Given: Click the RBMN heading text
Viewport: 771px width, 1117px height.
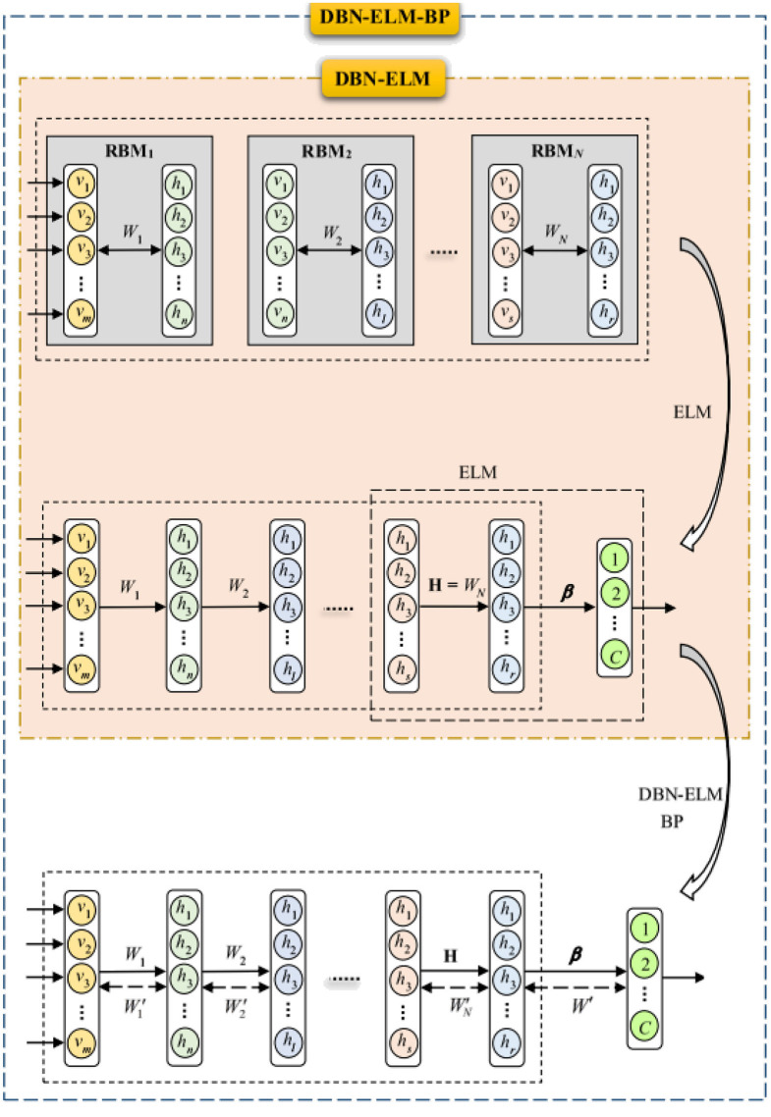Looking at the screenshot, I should [x=556, y=152].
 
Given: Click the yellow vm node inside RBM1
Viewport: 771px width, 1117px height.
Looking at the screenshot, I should [x=81, y=314].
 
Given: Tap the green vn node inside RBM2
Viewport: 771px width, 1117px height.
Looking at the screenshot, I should [x=282, y=314].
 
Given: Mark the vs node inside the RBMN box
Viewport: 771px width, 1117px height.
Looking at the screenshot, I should [x=505, y=314].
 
